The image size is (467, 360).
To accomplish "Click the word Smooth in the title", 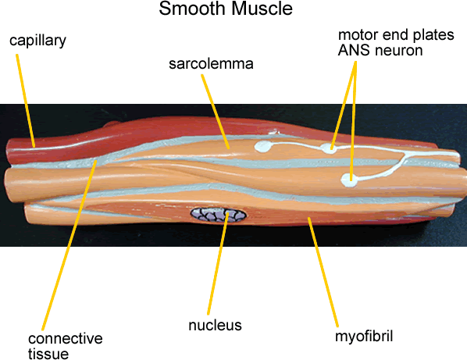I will click(188, 10).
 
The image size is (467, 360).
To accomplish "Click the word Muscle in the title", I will click(263, 10).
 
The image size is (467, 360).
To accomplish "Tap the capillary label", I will click(37, 40).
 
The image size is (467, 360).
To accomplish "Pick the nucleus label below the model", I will click(215, 325).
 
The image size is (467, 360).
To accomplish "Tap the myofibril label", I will click(363, 337).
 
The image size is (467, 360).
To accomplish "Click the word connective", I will click(66, 339).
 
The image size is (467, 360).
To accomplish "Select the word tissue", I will click(48, 354).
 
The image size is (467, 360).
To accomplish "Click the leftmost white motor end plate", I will click(263, 146).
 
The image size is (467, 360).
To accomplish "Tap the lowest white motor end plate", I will click(350, 180).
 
